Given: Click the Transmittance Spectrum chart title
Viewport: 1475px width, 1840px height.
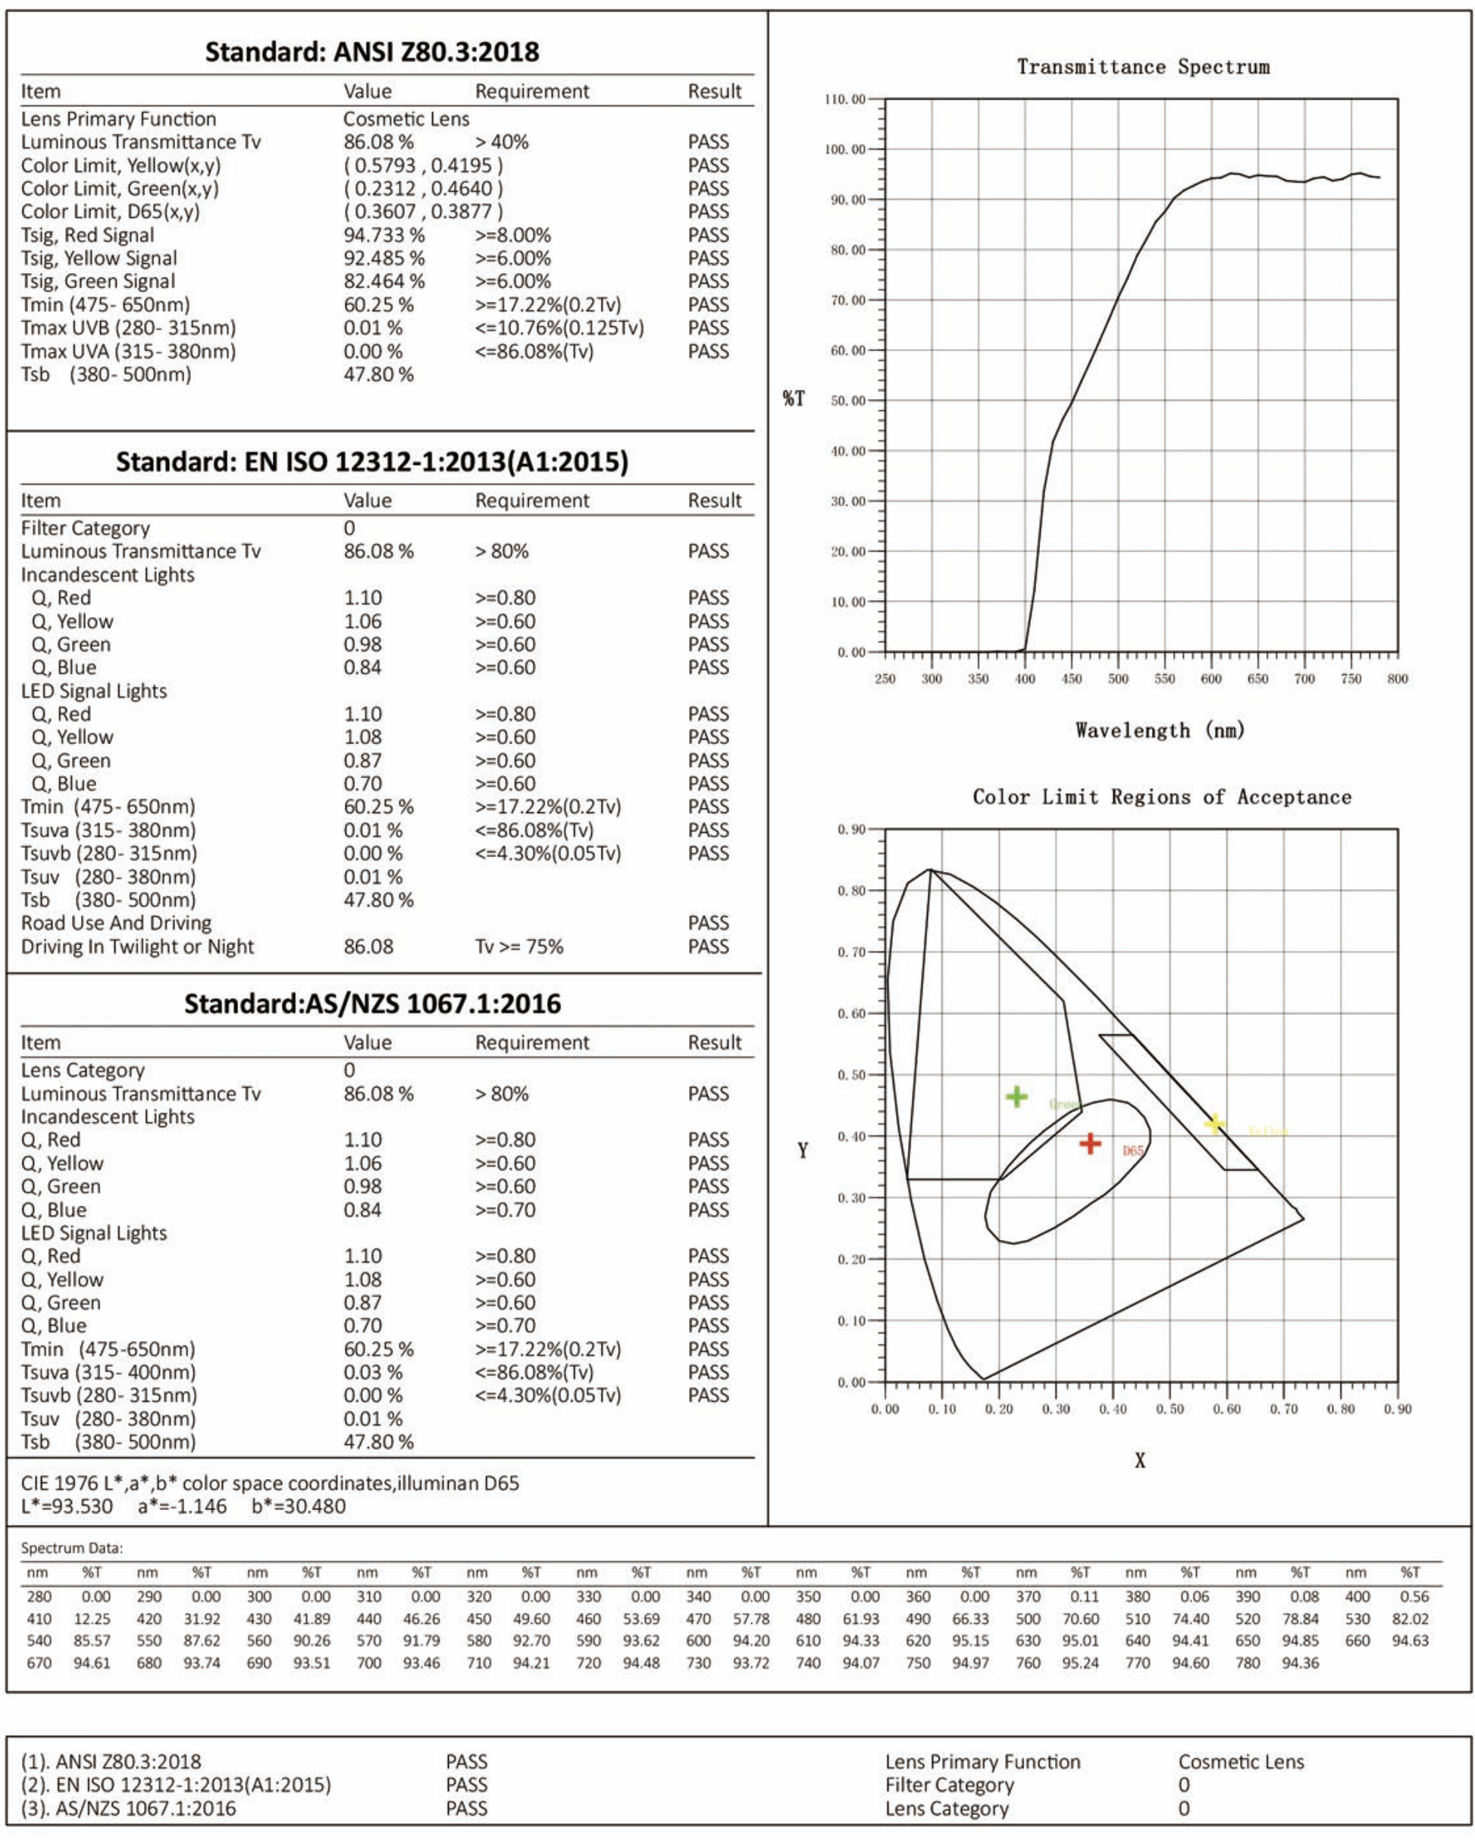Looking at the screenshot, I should click(1142, 67).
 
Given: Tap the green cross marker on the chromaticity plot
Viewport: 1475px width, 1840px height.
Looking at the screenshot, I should click(1016, 1097).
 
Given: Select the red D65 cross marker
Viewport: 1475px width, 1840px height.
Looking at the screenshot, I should click(1089, 1144).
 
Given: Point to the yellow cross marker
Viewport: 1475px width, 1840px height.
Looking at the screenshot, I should click(1215, 1124).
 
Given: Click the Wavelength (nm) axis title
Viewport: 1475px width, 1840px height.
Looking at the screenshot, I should click(1160, 730).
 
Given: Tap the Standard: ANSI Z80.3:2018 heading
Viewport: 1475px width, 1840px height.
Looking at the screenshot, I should click(372, 52).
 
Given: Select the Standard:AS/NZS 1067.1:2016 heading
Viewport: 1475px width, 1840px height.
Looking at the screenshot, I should click(373, 1003).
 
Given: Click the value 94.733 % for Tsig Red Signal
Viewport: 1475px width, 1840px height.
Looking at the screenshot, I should click(384, 234).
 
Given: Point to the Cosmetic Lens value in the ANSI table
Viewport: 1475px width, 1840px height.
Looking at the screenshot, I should click(406, 118).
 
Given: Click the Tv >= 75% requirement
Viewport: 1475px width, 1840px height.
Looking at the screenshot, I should click(518, 947).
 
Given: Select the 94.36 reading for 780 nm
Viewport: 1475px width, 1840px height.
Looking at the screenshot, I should click(1299, 1663).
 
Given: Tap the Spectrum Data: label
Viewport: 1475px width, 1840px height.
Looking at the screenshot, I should click(72, 1548).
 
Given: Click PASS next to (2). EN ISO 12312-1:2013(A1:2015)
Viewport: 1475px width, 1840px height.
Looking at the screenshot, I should click(467, 1785).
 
